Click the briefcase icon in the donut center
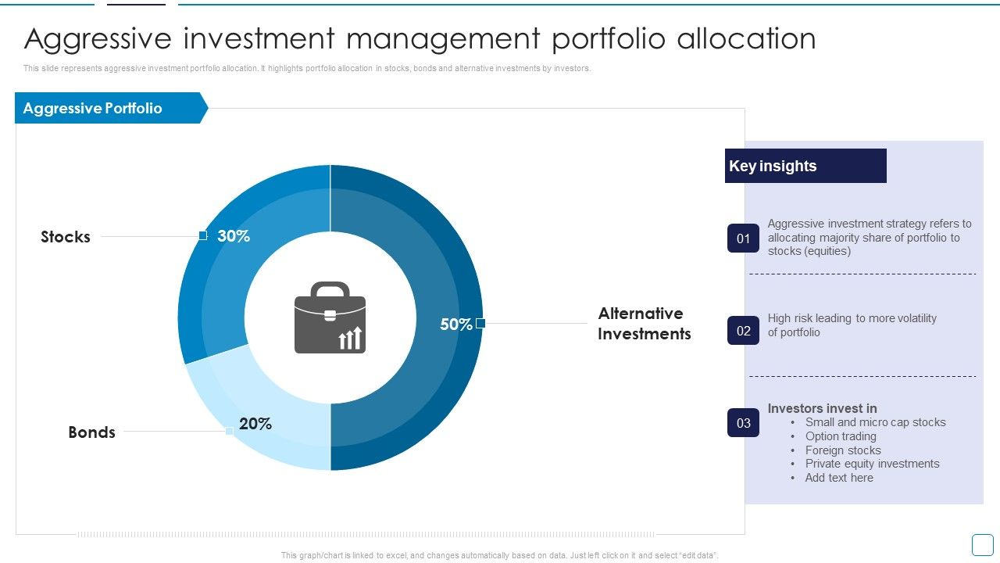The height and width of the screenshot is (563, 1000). pos(330,317)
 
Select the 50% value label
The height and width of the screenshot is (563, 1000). pos(455,325)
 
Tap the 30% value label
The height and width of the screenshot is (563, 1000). pos(234,236)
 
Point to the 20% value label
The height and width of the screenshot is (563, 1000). pos(255,424)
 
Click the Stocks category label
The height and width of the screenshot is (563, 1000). pos(66,237)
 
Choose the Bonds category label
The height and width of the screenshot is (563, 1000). pos(91,432)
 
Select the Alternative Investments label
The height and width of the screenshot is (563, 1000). pos(645,324)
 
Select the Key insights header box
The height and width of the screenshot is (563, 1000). pos(805,166)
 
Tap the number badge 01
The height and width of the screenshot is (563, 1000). pos(743,238)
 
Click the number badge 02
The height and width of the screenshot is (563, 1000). pos(743,331)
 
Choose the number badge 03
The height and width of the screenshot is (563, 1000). pos(743,423)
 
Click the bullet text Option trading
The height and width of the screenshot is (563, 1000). pos(841,436)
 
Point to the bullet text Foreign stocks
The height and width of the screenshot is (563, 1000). pos(843,450)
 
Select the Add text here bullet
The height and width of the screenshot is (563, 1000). pos(839,478)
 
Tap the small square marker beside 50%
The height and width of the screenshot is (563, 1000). pos(480,323)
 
